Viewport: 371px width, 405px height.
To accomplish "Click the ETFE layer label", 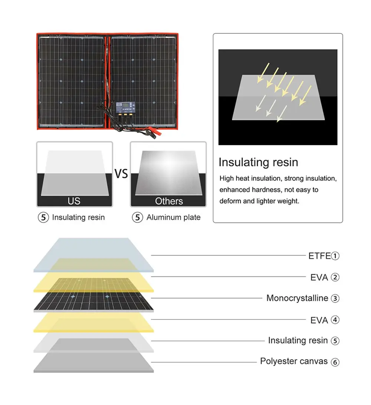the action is [x=319, y=256].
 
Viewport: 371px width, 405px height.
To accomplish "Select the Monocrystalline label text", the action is [x=297, y=298].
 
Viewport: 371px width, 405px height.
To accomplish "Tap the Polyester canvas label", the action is [x=294, y=361].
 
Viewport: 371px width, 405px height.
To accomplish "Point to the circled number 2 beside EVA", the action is [x=335, y=277].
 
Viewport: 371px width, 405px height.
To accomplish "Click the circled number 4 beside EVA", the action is [x=335, y=320].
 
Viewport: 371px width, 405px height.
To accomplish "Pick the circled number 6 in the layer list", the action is [x=335, y=362].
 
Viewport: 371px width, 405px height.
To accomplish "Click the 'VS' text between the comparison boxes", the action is [x=121, y=174].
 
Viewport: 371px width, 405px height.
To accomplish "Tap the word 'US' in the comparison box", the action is [x=74, y=201].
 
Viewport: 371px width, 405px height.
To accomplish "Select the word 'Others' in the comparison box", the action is [x=169, y=201].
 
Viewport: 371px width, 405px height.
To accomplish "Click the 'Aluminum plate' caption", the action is [x=173, y=218].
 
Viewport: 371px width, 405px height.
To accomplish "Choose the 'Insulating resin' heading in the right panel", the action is [x=258, y=162].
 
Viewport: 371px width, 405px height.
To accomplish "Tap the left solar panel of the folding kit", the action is [x=71, y=81].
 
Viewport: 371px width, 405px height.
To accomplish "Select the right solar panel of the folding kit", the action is [x=142, y=74].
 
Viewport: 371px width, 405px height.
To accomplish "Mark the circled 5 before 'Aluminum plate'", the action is [x=138, y=218].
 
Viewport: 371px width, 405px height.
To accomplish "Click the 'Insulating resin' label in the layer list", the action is [x=298, y=341].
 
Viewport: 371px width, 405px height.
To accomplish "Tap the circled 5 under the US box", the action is [x=43, y=218].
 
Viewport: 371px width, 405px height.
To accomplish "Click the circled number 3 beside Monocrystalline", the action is [x=335, y=299].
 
